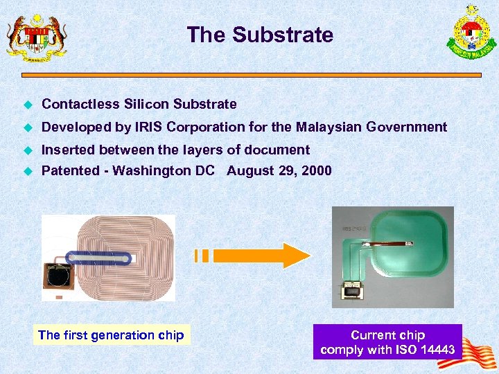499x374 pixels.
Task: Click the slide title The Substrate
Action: pyautogui.click(x=260, y=35)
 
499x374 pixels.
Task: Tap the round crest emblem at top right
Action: pyautogui.click(x=471, y=30)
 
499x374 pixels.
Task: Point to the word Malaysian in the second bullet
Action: pyautogui.click(x=329, y=127)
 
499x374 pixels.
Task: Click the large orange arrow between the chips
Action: pyautogui.click(x=277, y=256)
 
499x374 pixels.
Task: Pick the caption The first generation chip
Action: pyautogui.click(x=111, y=335)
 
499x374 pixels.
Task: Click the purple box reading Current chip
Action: pyautogui.click(x=387, y=341)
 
